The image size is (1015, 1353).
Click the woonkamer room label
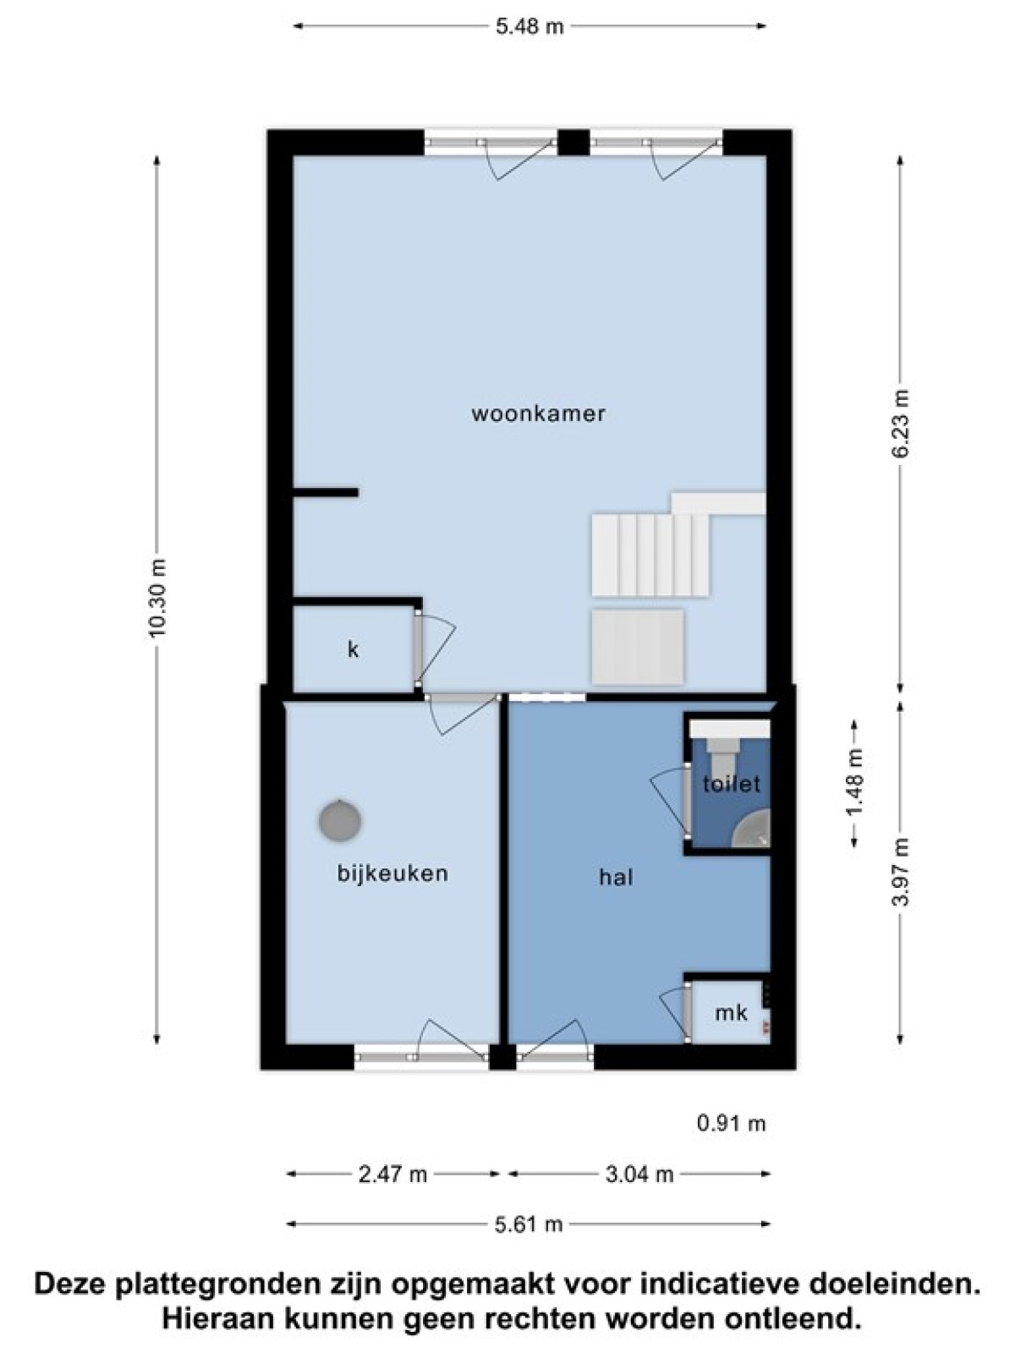tap(538, 413)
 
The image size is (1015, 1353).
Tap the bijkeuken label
tap(392, 874)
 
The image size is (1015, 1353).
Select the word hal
tap(617, 877)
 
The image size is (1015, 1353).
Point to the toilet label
tap(732, 783)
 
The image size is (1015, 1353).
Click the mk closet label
tap(731, 1012)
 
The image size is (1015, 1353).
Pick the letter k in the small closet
tap(353, 649)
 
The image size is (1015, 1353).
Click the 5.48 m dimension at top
tap(530, 26)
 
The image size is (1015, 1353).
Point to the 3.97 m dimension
tap(900, 872)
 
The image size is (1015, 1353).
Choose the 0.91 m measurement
tap(732, 1123)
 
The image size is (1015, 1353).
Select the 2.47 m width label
tap(392, 1175)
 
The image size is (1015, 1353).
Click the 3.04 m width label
tap(639, 1175)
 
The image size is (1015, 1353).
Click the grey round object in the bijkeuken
tap(340, 820)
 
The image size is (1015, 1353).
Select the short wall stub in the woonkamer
tap(326, 492)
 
